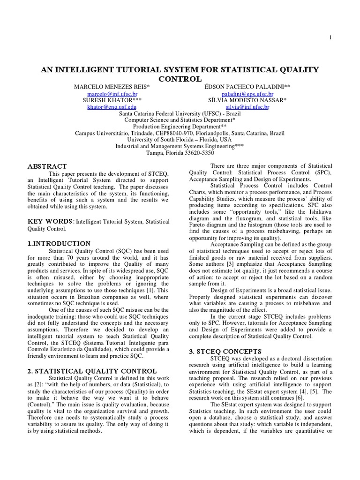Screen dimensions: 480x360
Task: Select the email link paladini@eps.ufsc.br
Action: point(241,94)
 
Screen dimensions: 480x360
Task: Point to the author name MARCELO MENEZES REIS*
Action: point(112,87)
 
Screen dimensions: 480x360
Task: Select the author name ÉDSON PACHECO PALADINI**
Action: point(241,87)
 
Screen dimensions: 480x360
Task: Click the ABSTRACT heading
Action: point(48,166)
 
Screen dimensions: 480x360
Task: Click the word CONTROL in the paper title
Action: point(180,79)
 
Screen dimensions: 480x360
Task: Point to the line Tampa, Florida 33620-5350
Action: point(180,153)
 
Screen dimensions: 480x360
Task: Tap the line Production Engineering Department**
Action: point(180,127)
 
